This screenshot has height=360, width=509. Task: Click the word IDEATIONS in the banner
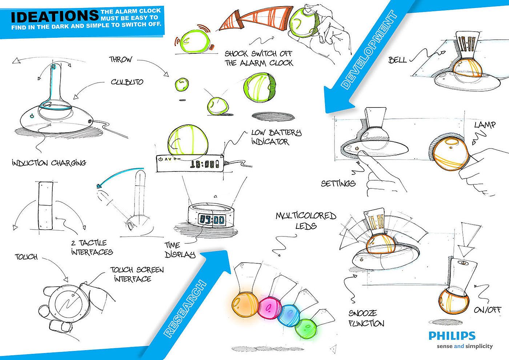[55, 16]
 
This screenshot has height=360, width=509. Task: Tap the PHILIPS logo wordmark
[452, 336]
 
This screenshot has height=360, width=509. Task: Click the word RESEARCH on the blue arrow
[185, 309]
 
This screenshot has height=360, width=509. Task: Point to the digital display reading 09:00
[212, 219]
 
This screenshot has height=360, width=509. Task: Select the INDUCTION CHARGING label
[49, 163]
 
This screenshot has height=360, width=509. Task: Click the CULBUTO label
[127, 82]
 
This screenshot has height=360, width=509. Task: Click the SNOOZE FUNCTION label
[366, 318]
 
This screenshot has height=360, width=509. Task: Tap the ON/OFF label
[487, 310]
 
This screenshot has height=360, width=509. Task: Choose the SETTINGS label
[338, 183]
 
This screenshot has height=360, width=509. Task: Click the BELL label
[397, 60]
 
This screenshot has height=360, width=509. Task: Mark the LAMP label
[485, 125]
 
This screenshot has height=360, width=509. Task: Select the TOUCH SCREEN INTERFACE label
[137, 274]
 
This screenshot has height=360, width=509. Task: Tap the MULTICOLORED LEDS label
[305, 221]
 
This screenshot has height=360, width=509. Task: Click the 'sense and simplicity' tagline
[465, 346]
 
